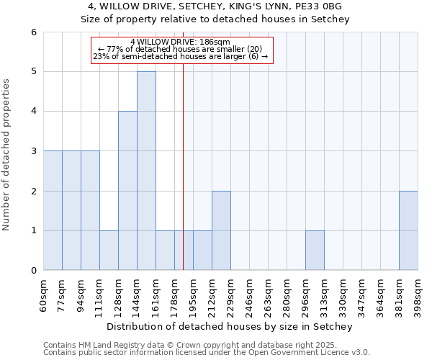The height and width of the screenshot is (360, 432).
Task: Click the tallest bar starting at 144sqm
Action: click(x=146, y=171)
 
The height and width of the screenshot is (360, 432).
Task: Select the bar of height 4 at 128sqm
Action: click(x=127, y=191)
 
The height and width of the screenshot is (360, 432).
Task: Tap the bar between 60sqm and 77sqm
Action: click(x=53, y=210)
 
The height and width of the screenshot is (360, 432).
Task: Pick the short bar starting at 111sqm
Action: click(x=109, y=251)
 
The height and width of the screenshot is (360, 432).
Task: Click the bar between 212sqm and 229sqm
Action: click(x=221, y=230)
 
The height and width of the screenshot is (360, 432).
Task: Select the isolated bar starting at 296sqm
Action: click(x=315, y=251)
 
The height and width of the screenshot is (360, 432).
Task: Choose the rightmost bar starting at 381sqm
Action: click(x=408, y=230)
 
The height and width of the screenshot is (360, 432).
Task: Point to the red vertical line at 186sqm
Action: click(x=184, y=180)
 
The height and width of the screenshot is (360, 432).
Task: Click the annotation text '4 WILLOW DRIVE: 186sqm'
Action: click(x=180, y=42)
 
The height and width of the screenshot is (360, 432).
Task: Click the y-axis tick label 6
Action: click(x=33, y=32)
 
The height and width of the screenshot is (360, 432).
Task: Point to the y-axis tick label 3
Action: click(x=33, y=151)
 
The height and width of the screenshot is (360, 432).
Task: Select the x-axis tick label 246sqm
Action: click(x=250, y=294)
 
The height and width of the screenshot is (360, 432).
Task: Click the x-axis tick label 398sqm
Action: click(x=418, y=294)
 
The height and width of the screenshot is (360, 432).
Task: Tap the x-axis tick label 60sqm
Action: click(x=44, y=294)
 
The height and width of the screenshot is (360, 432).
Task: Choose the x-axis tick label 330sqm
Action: click(x=343, y=294)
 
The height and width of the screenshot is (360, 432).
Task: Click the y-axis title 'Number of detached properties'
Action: click(x=7, y=151)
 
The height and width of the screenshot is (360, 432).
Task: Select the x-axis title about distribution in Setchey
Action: click(x=230, y=327)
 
